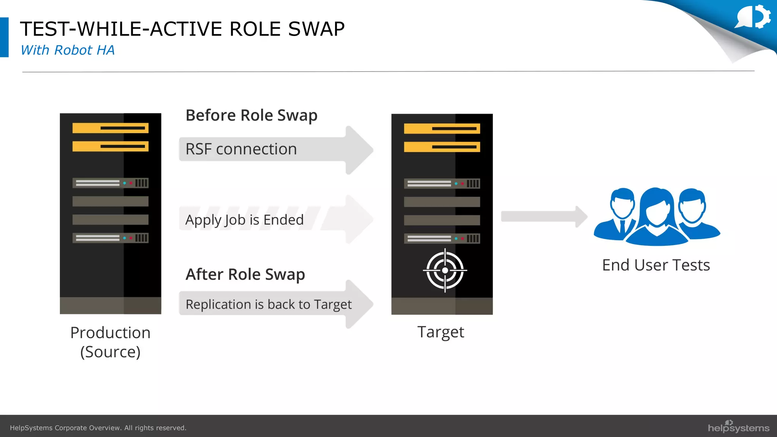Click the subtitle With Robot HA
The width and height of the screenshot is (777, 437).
pyautogui.click(x=68, y=50)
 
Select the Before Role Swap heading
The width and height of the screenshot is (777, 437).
pyautogui.click(x=251, y=115)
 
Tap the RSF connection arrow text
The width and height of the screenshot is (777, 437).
pyautogui.click(x=241, y=149)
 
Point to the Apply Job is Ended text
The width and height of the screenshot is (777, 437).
pyautogui.click(x=244, y=220)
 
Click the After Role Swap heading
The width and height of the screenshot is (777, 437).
pyautogui.click(x=245, y=274)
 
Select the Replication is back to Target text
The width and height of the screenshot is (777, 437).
pyautogui.click(x=269, y=304)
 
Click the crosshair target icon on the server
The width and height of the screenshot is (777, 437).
pyautogui.click(x=445, y=270)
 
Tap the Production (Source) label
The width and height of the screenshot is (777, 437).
pyautogui.click(x=110, y=342)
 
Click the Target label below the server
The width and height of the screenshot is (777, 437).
pyautogui.click(x=440, y=332)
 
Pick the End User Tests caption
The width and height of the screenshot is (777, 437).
pyautogui.click(x=656, y=265)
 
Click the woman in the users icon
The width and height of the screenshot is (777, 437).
pyautogui.click(x=657, y=218)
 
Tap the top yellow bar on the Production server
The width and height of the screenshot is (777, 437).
pyautogui.click(x=110, y=128)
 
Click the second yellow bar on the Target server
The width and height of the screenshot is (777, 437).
pyautogui.click(x=442, y=147)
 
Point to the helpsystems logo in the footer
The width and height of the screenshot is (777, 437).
pyautogui.click(x=738, y=427)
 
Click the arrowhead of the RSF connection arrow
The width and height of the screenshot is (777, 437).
pyautogui.click(x=359, y=150)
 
